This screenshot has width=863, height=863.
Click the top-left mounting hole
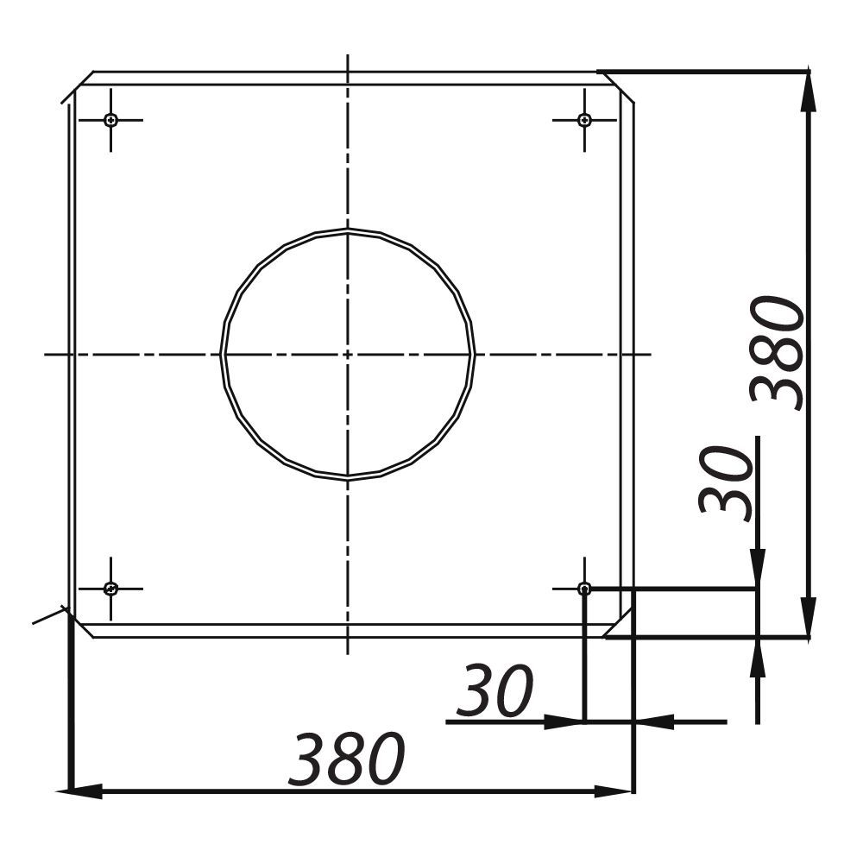(x=111, y=119)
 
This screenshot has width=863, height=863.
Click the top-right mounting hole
(x=584, y=119)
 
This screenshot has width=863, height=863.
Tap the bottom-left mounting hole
(x=111, y=589)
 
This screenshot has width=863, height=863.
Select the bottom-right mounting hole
(x=584, y=589)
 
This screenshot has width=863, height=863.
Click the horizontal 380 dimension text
(x=347, y=759)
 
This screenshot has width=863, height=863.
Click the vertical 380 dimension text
(x=778, y=353)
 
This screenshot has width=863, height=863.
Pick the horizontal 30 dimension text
(x=494, y=691)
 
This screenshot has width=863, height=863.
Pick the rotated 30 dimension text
(x=726, y=484)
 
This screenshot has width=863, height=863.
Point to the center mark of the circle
(x=347, y=355)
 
